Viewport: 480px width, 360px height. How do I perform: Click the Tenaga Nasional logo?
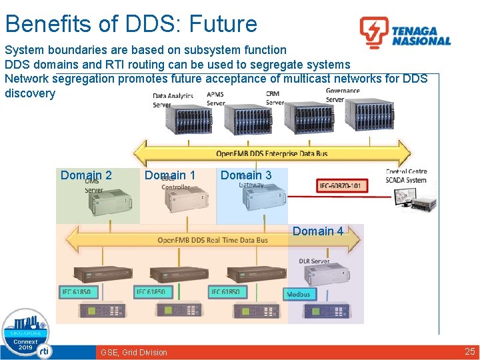pos(405,33)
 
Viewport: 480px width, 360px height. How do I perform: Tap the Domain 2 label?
pos(86,175)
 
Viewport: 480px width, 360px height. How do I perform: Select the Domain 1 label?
pos(170,175)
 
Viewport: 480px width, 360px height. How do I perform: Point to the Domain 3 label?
pos(246,175)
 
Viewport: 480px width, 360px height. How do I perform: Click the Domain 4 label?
pos(318,231)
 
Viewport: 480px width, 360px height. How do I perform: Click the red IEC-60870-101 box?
pos(341,185)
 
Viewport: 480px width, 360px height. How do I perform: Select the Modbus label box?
pos(298,294)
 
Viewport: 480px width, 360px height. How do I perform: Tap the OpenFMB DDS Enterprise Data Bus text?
pos(272,153)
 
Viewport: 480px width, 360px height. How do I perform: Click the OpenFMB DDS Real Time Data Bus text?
pos(213,240)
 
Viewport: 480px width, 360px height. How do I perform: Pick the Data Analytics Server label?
pos(171,101)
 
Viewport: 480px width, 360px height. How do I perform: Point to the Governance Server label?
pos(343,95)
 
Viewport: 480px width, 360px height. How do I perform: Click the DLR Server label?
pos(314,261)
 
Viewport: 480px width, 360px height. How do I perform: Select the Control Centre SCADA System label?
pos(406,176)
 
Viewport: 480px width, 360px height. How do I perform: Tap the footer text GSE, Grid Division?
pos(134,352)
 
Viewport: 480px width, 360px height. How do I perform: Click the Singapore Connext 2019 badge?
pos(26,333)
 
